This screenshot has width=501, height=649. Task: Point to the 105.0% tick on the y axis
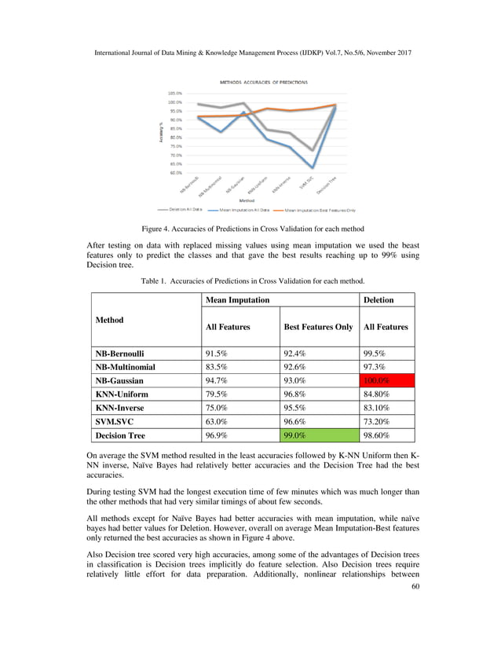(174, 93)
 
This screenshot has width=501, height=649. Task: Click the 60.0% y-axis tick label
(174, 172)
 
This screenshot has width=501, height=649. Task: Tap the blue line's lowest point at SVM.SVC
(313, 167)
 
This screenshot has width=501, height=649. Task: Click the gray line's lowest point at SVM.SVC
(313, 150)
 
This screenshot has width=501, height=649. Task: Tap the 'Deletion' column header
(378, 299)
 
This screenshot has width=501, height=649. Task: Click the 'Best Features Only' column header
(318, 327)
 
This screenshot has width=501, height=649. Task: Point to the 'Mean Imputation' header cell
(237, 299)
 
